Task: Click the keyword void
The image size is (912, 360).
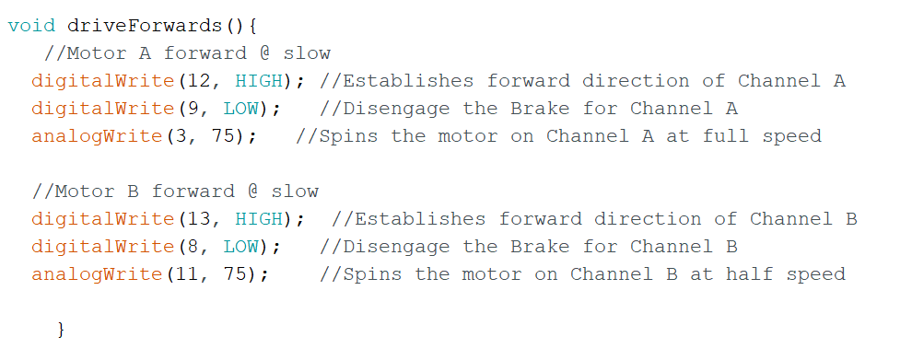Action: point(31,25)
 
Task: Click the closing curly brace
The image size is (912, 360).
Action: point(61,329)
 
